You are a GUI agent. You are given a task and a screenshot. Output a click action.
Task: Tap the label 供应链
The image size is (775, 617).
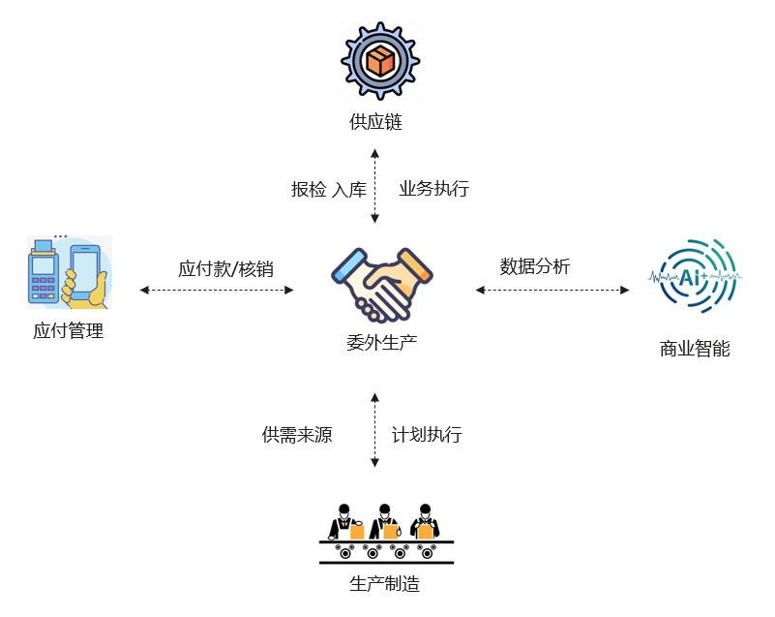pos(375,122)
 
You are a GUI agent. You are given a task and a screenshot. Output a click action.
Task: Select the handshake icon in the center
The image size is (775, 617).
pos(380,283)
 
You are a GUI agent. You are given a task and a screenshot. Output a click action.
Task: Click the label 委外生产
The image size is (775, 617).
pos(381,342)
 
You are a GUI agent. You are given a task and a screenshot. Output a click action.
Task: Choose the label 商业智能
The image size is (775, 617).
pos(694,349)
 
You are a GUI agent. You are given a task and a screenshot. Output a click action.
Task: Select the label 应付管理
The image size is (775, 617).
pos(68,331)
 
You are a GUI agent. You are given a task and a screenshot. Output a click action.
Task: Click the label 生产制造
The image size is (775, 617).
pos(384,584)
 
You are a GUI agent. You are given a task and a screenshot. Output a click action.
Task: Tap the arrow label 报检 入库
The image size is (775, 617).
pos(329,190)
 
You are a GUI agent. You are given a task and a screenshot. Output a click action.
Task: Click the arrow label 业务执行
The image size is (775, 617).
pos(434,189)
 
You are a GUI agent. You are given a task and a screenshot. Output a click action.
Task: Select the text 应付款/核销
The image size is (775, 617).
pos(225,268)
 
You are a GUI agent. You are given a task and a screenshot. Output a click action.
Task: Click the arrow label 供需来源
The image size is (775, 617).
pos(297,435)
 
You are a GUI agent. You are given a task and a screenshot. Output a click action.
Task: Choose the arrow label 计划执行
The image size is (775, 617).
pos(427,435)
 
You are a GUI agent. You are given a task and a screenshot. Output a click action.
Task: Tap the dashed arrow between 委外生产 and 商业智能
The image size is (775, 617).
pos(551,290)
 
